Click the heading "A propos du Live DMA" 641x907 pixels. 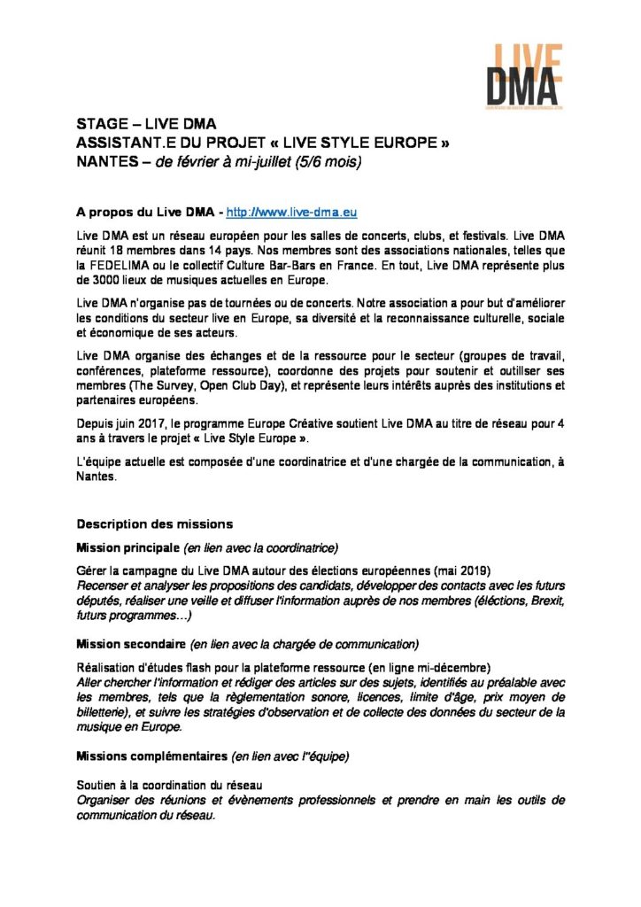[x=145, y=213]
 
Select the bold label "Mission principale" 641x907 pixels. [x=127, y=547]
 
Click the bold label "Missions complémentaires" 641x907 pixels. [x=151, y=756]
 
